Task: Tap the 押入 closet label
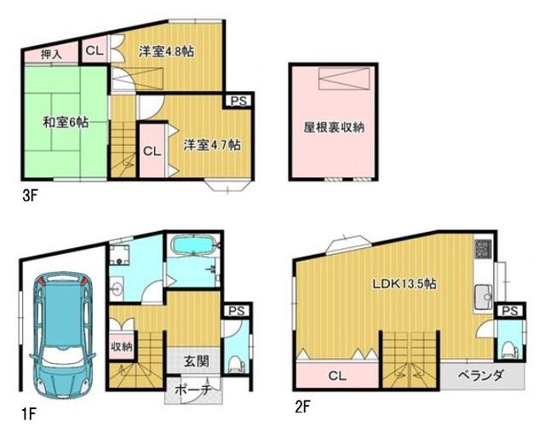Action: (51, 54)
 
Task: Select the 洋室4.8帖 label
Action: (166, 51)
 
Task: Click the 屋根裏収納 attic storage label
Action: (335, 129)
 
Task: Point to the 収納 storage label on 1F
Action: (121, 346)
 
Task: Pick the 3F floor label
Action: (32, 195)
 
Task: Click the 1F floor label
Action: (29, 416)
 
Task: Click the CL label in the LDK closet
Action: (336, 375)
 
